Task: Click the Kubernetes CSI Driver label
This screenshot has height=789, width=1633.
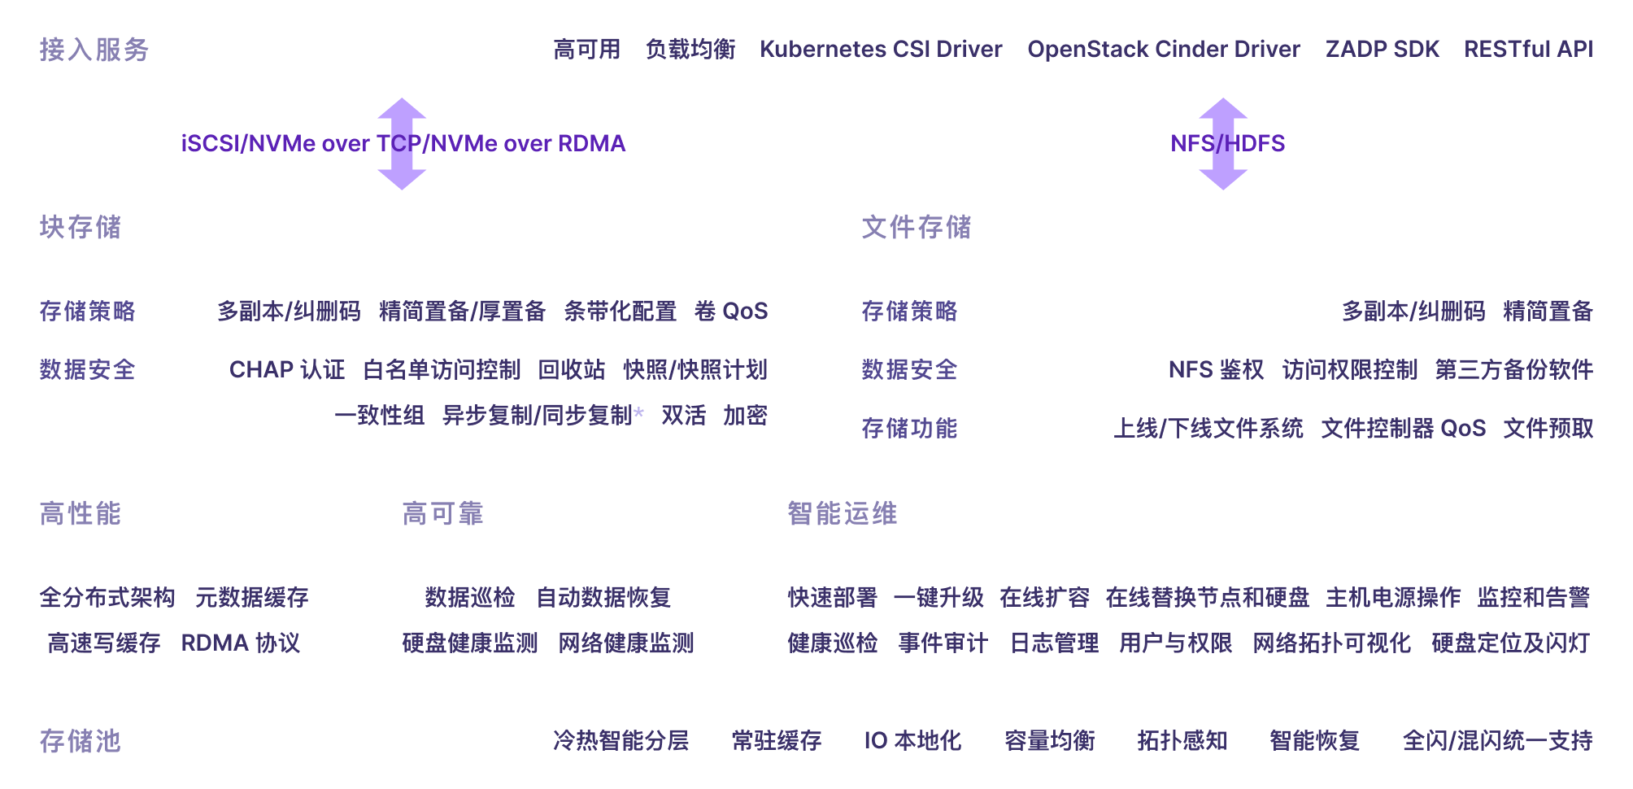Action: coord(881,50)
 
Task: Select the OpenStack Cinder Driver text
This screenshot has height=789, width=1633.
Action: coord(1164,50)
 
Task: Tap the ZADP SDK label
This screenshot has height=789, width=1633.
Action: coord(1382,50)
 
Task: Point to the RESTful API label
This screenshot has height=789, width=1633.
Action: coord(1528,50)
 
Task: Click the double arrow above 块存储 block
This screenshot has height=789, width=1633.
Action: coord(402,144)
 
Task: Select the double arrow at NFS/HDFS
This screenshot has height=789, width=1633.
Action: coord(1223,144)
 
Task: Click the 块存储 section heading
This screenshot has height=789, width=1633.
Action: coord(81,227)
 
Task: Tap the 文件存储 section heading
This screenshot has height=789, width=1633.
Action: coord(917,227)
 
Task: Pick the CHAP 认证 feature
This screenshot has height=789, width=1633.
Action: coord(287,370)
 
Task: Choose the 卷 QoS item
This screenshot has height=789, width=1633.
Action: coord(731,312)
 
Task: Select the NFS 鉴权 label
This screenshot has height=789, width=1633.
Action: coord(1216,370)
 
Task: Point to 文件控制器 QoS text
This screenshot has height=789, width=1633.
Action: coord(1403,429)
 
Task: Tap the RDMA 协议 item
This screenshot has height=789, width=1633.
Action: coord(241,643)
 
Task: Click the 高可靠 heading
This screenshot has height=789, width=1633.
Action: coord(443,514)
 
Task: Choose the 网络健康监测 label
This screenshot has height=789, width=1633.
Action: coord(626,643)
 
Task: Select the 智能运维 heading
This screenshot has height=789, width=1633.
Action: coord(843,514)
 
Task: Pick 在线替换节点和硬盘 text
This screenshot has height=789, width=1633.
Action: coord(1207,598)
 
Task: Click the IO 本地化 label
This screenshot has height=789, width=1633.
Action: coord(912,741)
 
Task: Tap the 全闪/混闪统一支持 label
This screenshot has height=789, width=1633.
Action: coord(1497,741)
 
